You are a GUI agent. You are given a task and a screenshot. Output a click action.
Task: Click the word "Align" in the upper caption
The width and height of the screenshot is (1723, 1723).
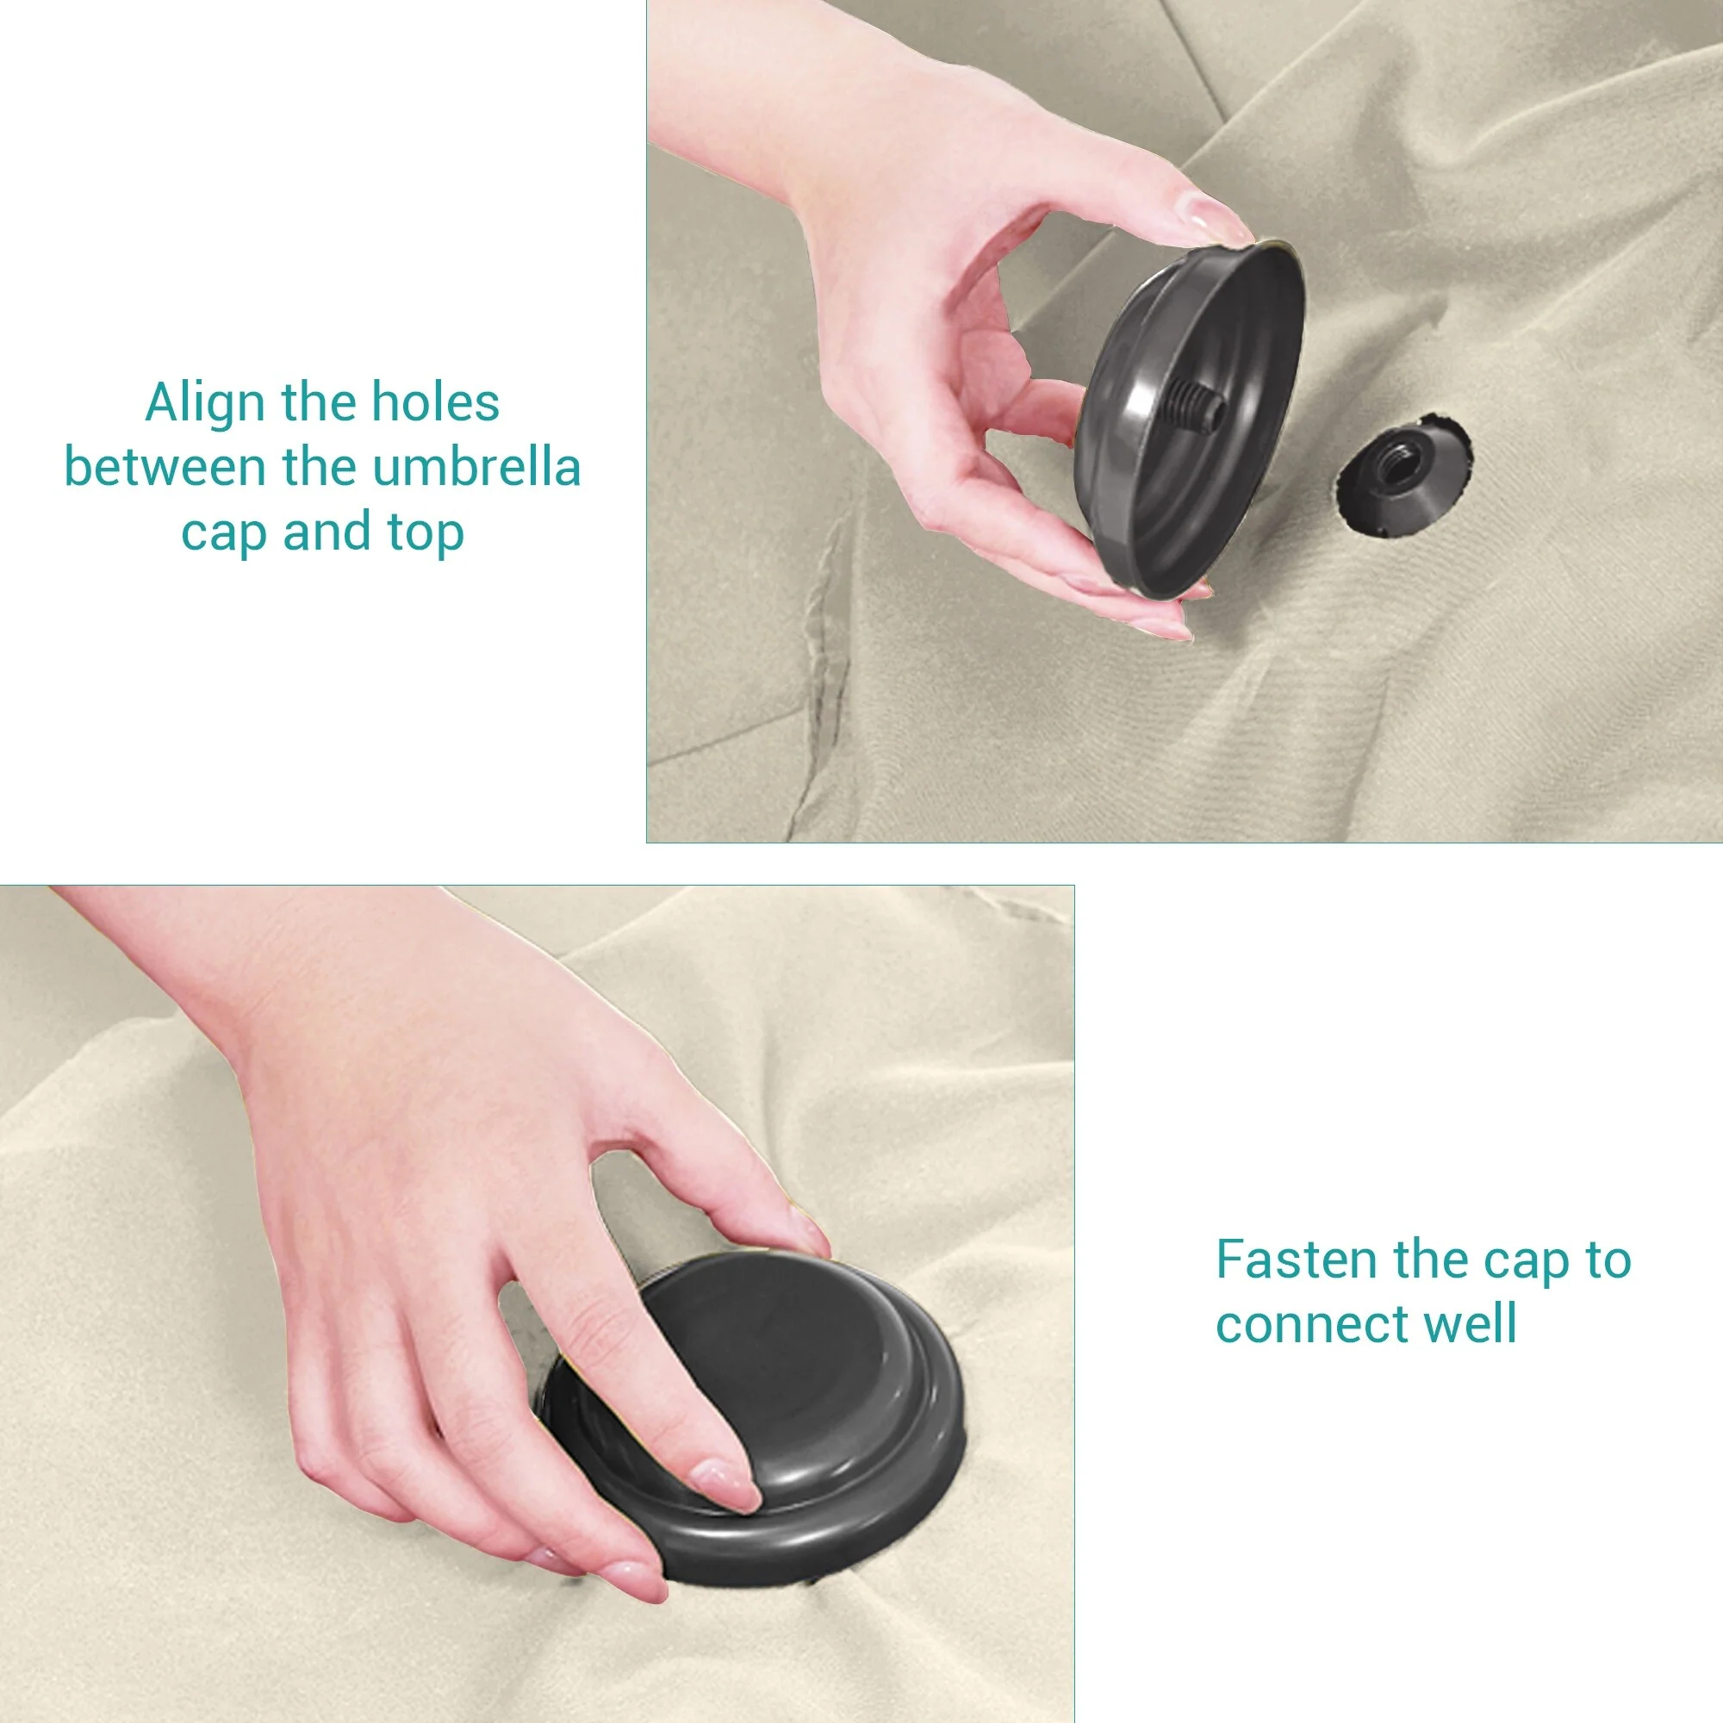(206, 403)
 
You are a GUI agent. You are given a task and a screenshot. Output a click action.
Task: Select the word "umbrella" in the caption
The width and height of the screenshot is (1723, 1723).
(476, 466)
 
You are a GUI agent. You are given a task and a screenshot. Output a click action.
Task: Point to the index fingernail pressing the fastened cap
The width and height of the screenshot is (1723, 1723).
(726, 1484)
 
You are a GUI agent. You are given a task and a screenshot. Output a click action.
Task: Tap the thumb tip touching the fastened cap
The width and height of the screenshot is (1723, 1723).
(806, 1233)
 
